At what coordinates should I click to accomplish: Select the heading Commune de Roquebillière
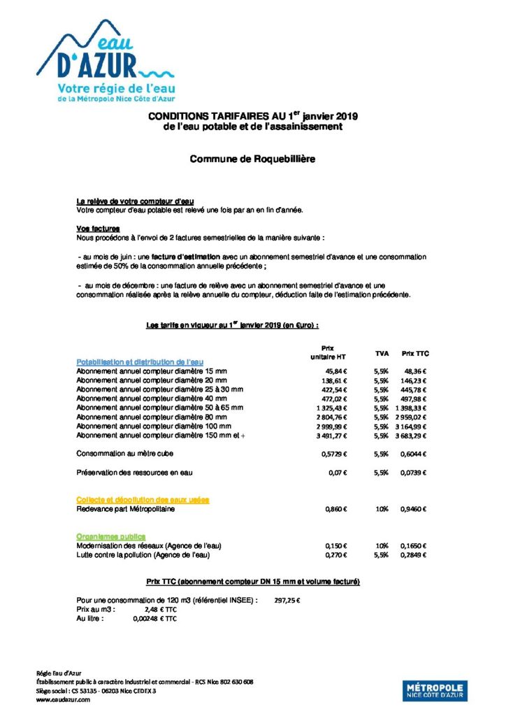(252, 159)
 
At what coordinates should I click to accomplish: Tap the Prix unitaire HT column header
(327, 352)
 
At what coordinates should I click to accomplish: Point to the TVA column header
(381, 354)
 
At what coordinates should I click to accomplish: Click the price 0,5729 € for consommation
(335, 454)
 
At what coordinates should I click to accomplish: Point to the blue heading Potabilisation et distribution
(140, 361)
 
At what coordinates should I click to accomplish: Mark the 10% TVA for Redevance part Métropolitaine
(382, 510)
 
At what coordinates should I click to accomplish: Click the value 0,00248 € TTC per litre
(154, 619)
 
